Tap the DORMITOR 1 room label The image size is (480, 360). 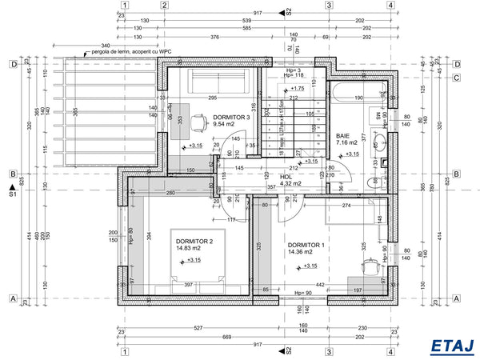coord(306,245)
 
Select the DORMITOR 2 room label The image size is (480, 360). coord(194,242)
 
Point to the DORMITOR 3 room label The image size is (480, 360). coord(231,117)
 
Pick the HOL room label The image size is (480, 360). coord(286,177)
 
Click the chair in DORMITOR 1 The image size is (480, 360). coord(370,264)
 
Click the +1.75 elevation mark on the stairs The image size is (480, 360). coord(296,88)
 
